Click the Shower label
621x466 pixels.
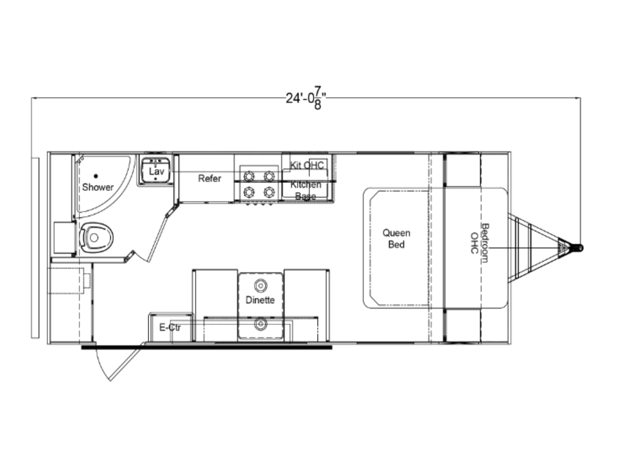coord(97,187)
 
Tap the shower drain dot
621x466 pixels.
coord(96,176)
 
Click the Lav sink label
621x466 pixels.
coord(156,171)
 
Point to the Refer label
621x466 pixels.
coord(209,178)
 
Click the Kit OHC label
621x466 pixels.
coord(307,165)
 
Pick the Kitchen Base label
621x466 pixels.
coord(306,190)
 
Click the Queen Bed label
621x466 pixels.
coord(396,238)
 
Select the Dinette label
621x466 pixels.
coord(260,300)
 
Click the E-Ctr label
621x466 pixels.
coord(170,327)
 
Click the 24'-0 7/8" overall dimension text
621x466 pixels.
coord(306,98)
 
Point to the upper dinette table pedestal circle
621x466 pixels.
coord(260,286)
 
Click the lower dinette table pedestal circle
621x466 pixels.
coord(260,324)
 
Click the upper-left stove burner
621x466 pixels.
coord(249,176)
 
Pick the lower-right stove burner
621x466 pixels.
coord(269,192)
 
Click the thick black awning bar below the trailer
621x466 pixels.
coord(207,348)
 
